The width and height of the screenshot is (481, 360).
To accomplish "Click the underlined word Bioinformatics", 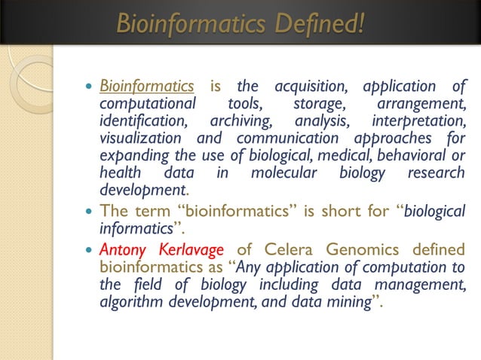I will (147, 86).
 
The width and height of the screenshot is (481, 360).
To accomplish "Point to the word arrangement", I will (420, 104).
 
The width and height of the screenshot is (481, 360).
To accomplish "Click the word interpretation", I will (419, 121).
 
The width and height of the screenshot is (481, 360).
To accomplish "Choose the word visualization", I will (140, 139).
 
